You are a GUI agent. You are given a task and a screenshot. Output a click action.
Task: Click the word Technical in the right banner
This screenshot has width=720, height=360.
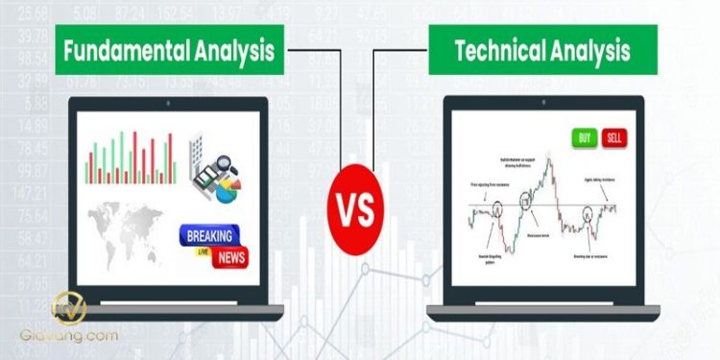click(x=494, y=51)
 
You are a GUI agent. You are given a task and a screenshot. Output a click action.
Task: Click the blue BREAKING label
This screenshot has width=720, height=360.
click(x=211, y=234)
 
